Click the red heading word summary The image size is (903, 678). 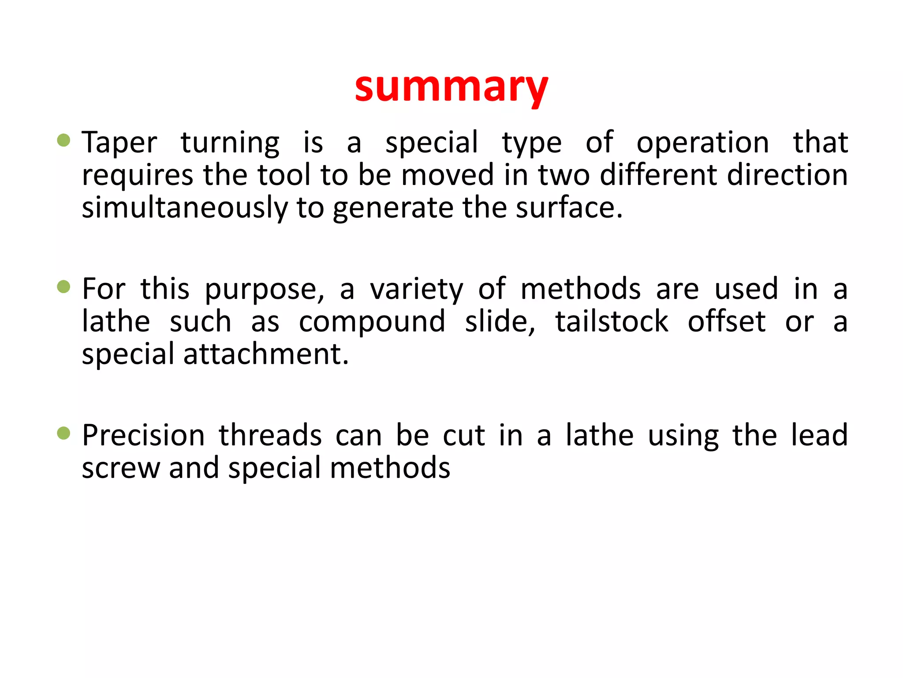[x=451, y=87]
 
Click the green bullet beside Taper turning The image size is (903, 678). [x=64, y=140]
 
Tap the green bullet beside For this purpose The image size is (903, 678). [x=64, y=287]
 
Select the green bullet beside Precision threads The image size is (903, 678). [x=64, y=433]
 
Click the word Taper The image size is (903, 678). [x=119, y=143]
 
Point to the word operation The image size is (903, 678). [x=703, y=143]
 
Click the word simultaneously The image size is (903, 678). [x=185, y=208]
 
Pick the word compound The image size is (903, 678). [x=372, y=322]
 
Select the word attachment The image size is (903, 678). [x=266, y=354]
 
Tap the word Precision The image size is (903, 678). [x=144, y=436]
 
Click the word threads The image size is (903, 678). [x=270, y=436]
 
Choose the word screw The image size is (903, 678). [x=121, y=468]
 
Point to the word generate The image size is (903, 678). [x=393, y=209]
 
